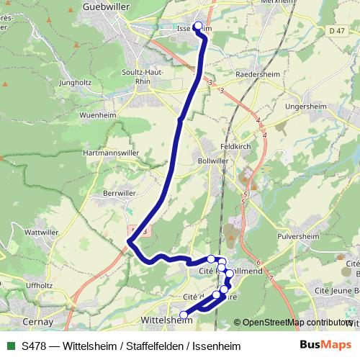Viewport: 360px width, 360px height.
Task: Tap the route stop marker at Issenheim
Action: pos(198,26)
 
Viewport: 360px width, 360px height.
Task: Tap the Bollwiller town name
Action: pos(212,161)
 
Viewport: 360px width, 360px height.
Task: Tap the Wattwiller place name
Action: pos(41,233)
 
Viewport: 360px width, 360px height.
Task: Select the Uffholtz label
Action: pos(39,285)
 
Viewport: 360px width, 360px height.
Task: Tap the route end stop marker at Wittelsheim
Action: pos(184,315)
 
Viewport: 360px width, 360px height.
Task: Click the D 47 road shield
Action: pos(335,31)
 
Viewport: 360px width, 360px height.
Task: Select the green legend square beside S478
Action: pos(11,346)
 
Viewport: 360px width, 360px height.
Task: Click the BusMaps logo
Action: pos(325,345)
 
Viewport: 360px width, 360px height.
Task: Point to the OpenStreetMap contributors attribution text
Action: pos(297,323)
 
